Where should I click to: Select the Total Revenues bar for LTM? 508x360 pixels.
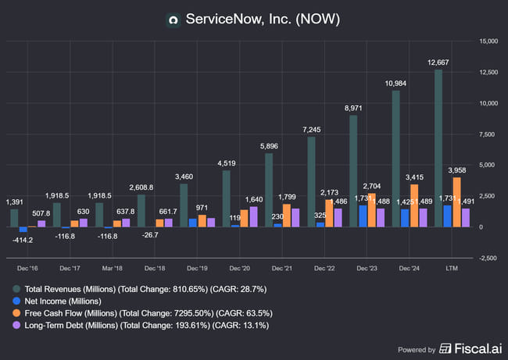click(438, 148)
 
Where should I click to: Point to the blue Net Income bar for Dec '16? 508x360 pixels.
click(23, 230)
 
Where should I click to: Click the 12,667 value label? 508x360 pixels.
click(438, 63)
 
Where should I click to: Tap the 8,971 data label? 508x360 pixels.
click(353, 109)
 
